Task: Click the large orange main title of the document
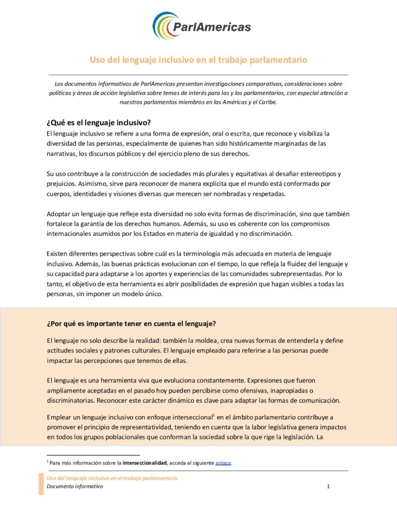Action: coord(198,60)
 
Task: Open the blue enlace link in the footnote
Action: coord(223,462)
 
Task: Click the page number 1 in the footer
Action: coord(328,486)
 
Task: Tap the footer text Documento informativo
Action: coord(75,486)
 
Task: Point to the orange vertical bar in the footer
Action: coord(41,483)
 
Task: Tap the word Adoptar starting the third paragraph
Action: coord(59,214)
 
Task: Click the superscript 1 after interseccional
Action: coord(214,415)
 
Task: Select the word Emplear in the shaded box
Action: coord(60,417)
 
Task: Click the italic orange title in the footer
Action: coord(112,478)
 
